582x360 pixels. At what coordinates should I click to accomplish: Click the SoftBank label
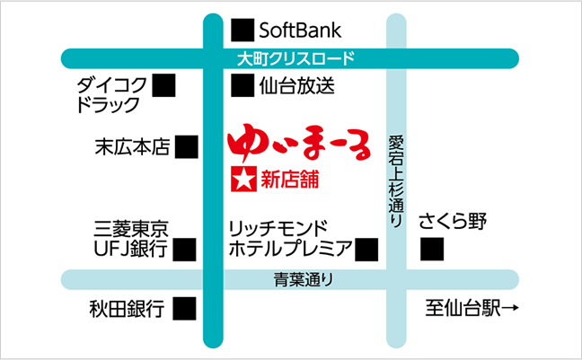point(300,30)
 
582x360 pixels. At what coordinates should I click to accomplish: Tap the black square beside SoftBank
point(242,30)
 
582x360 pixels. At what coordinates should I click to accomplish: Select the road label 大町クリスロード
point(295,58)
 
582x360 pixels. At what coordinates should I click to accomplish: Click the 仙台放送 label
point(297,86)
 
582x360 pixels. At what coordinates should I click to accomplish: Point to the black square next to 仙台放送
point(242,85)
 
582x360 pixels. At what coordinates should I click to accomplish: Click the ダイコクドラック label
point(111,95)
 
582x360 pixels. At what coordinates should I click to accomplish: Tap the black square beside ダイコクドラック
point(163,85)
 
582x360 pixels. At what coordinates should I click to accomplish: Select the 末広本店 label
point(133,146)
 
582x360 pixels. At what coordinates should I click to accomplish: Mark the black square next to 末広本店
point(186,147)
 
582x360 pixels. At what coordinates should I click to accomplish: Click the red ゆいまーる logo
point(299,144)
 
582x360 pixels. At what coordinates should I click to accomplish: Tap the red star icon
point(243,180)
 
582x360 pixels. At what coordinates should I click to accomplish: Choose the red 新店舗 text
point(290,180)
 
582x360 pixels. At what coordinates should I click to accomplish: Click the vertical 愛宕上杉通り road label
point(396,181)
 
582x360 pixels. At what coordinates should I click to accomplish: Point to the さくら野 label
point(453,221)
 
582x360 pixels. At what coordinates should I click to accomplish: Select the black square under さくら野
point(432,249)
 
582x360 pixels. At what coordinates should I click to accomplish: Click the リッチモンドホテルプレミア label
point(290,239)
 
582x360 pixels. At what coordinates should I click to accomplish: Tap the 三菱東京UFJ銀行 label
point(131,239)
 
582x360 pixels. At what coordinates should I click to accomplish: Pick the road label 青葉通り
point(304,279)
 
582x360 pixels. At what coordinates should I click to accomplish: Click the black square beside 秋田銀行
point(184,309)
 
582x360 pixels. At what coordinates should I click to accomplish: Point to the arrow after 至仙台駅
point(510,308)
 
